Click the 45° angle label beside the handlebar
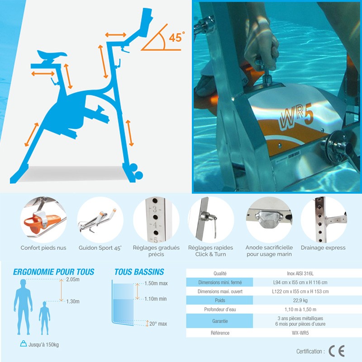pos(176,37)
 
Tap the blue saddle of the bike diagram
pos(52,54)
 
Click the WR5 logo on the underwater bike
pos(297,116)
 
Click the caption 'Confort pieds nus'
pos(43,248)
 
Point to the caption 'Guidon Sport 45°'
pos(100,248)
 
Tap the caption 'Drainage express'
pos(323,248)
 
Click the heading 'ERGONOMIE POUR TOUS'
pos(53,272)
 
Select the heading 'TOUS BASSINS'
pos(139,272)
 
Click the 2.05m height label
pos(73,279)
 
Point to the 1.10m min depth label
pos(155,299)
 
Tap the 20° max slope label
pos(158,324)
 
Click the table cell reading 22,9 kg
pos(300,300)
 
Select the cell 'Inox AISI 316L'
pos(300,274)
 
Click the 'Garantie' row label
pos(220,321)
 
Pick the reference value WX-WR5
pos(300,333)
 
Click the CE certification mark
pos(337,351)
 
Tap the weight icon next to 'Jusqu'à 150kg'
pos(24,344)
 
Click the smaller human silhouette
pos(44,318)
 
